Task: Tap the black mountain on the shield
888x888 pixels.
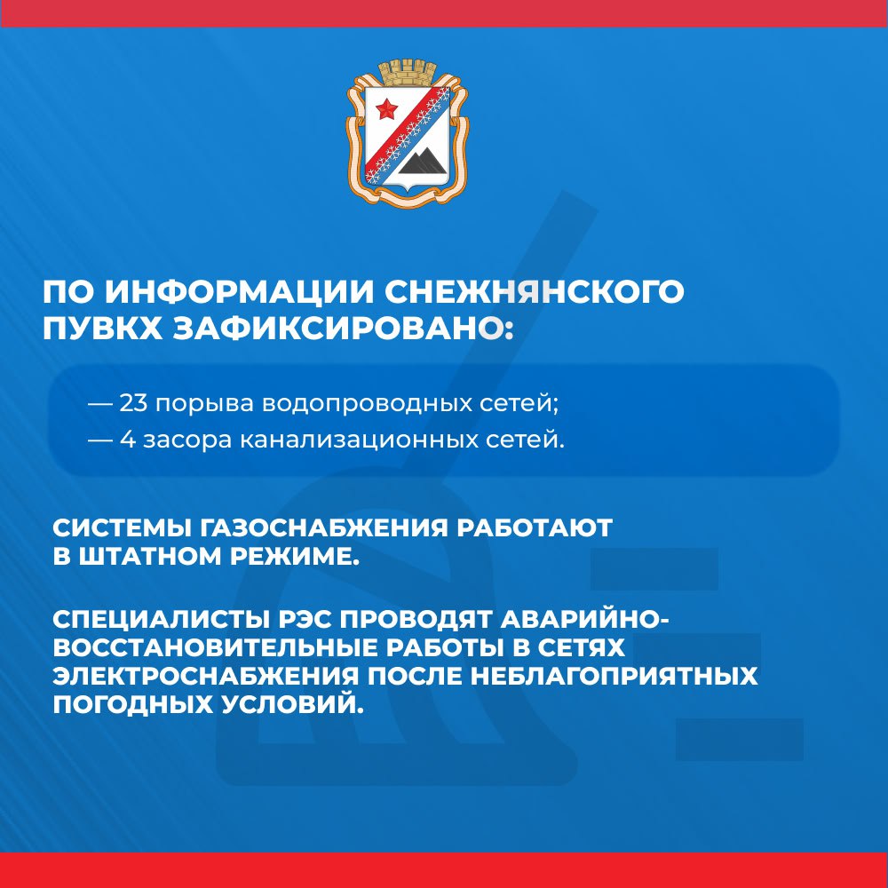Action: pos(422,160)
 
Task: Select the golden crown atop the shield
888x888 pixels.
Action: pos(408,71)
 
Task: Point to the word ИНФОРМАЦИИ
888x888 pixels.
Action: pos(239,291)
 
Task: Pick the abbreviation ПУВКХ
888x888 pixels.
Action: pos(102,328)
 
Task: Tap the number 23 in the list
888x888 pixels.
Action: pos(133,404)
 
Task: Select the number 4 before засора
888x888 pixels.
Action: pos(127,440)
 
